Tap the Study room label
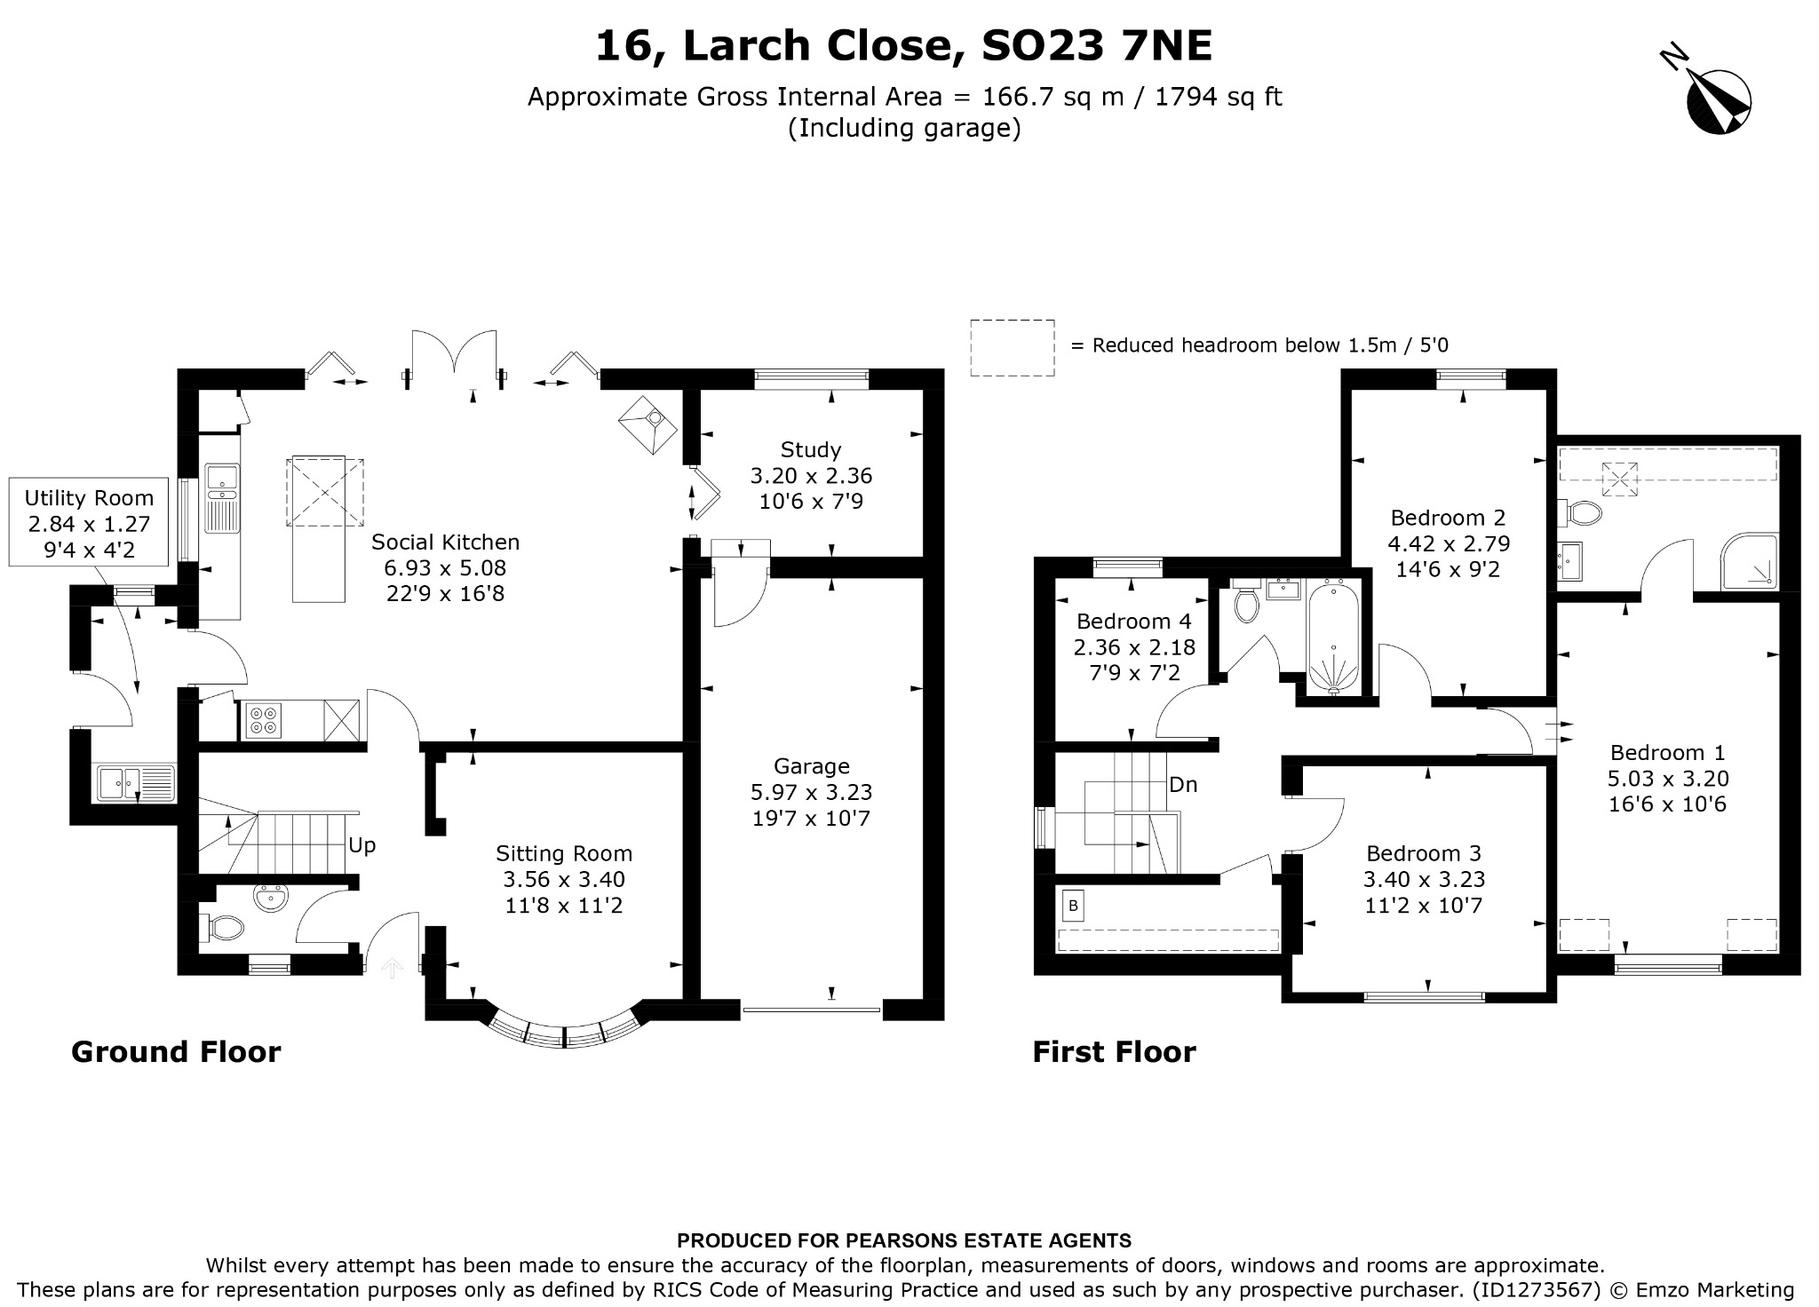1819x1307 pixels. tap(811, 449)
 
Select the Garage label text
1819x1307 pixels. tap(812, 766)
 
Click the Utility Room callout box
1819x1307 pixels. tap(89, 523)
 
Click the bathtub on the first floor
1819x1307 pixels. tap(1332, 636)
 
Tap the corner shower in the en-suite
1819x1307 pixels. tap(1750, 562)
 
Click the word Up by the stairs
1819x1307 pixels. tap(362, 846)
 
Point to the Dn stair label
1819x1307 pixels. tap(1183, 785)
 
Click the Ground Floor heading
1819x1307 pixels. tap(176, 1052)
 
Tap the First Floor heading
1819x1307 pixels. tap(1114, 1052)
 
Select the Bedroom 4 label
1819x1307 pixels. tap(1134, 622)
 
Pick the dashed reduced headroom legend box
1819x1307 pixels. tap(1013, 348)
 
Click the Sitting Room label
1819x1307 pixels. tap(564, 854)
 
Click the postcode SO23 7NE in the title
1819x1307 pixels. tap(1096, 46)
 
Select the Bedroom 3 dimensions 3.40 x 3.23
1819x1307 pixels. tap(1425, 880)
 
